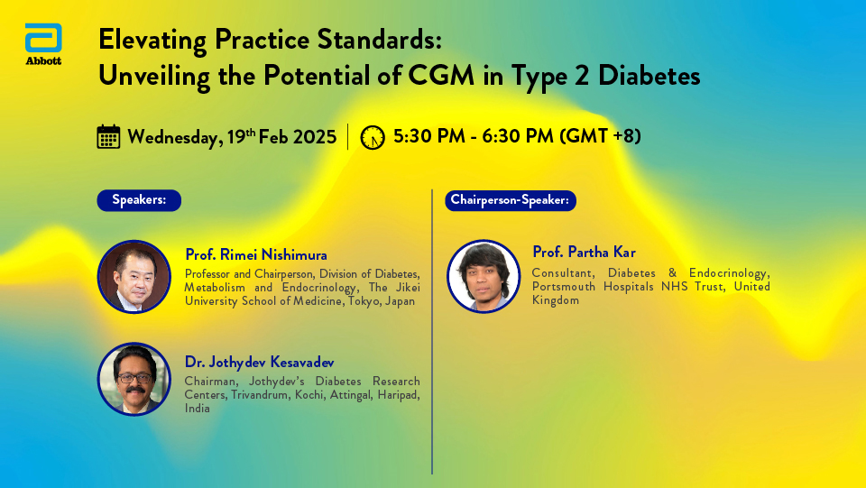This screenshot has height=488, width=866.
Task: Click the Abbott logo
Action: [x=43, y=44]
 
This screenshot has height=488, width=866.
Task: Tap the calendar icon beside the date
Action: [x=108, y=136]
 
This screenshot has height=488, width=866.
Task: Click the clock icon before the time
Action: [x=373, y=137]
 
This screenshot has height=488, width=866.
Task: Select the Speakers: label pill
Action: [x=139, y=200]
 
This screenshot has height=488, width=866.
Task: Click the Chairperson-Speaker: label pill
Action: [x=511, y=200]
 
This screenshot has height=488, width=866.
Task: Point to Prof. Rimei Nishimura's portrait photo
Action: [x=134, y=277]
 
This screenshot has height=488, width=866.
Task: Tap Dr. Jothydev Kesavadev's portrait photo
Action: [x=134, y=379]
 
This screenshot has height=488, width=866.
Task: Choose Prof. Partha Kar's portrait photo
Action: [x=484, y=276]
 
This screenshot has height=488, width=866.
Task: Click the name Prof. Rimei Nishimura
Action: [x=256, y=254]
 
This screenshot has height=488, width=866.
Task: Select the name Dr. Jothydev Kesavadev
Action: [x=260, y=363]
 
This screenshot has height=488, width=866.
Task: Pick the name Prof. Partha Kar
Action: [x=584, y=252]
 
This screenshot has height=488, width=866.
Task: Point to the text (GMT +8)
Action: [x=600, y=136]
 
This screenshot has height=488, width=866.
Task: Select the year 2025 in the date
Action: [x=314, y=137]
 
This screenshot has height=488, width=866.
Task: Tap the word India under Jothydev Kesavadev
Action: [x=198, y=409]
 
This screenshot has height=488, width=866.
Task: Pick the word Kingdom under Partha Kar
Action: [x=556, y=301]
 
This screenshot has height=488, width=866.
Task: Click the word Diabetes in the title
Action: [x=649, y=75]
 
